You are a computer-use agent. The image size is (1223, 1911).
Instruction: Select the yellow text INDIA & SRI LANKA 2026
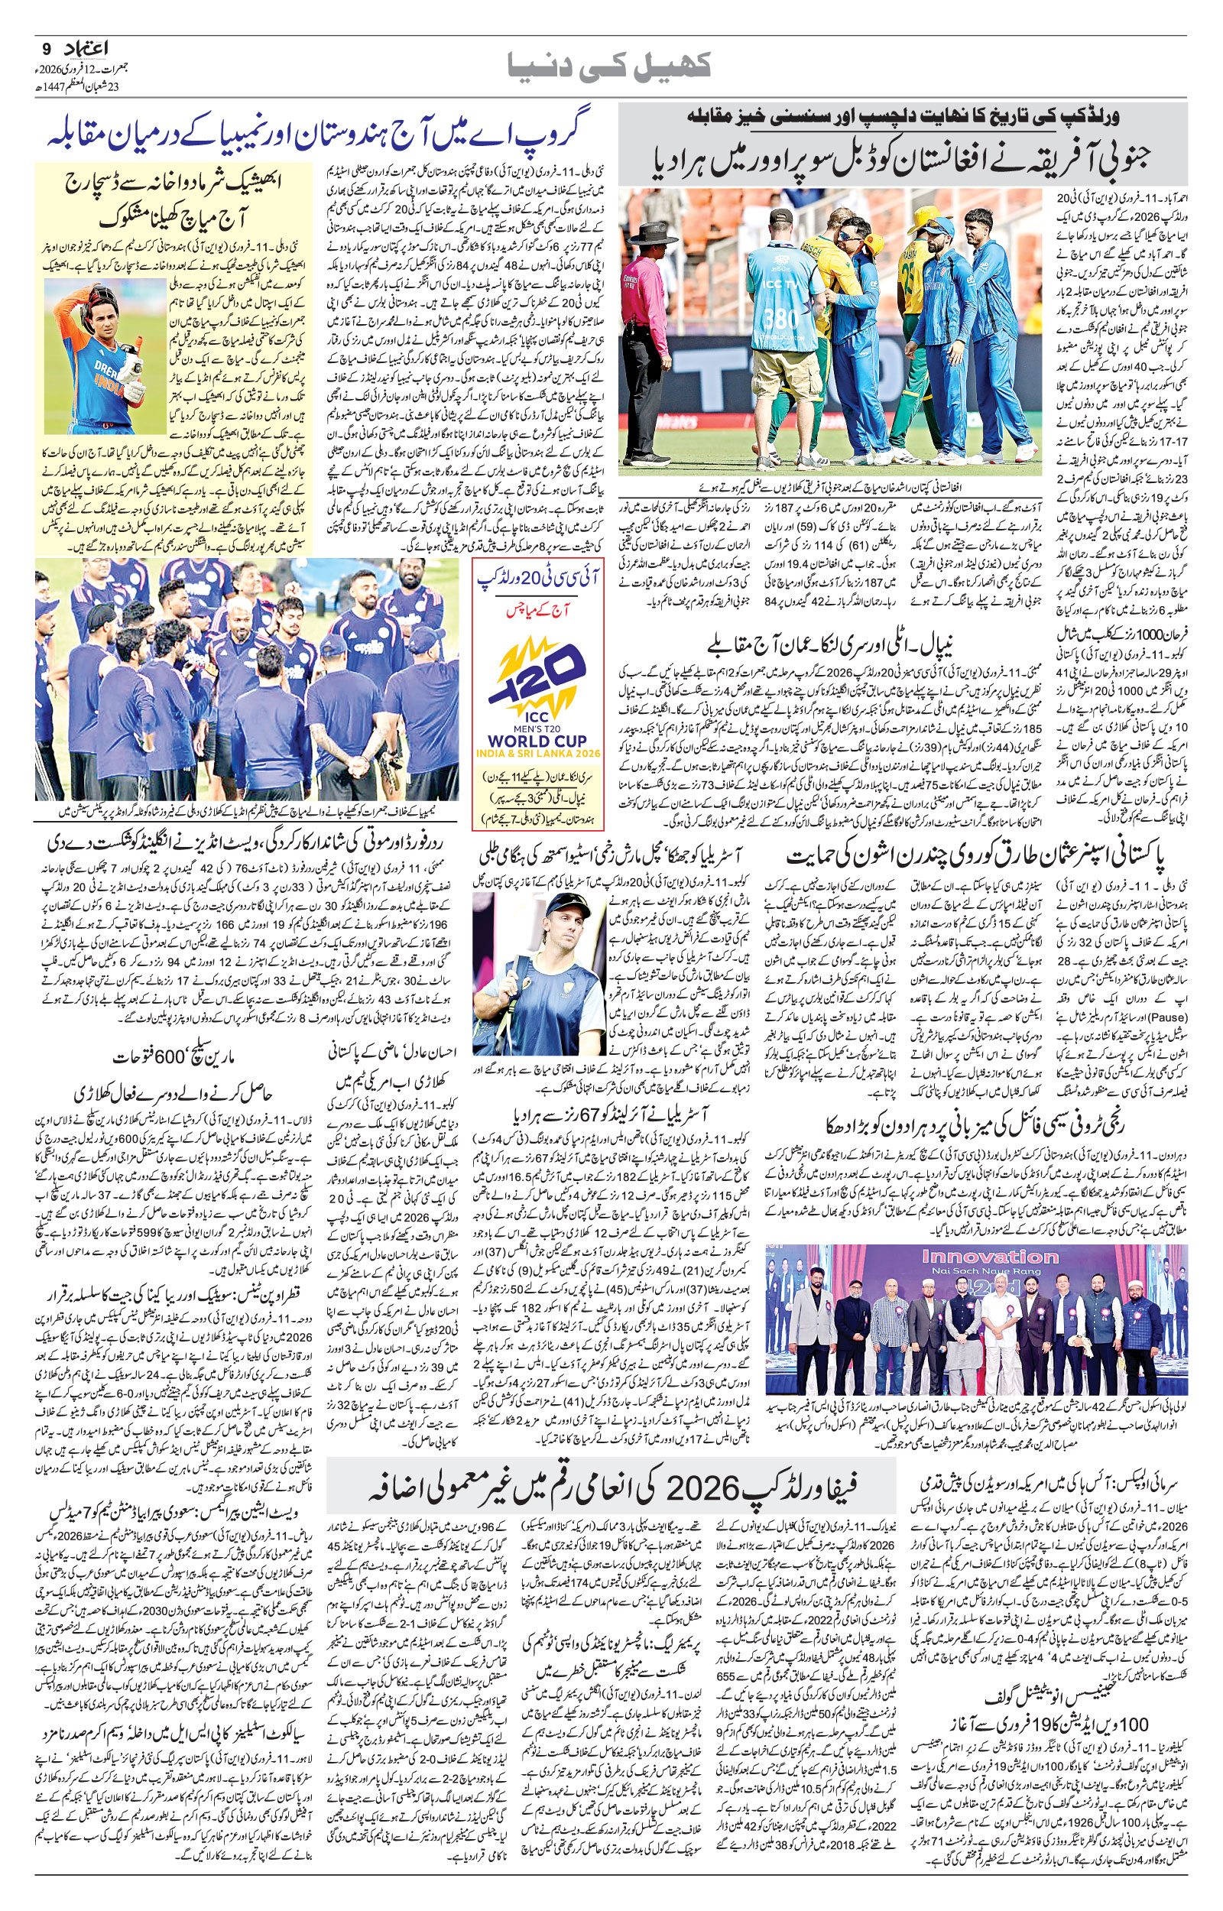(538, 754)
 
